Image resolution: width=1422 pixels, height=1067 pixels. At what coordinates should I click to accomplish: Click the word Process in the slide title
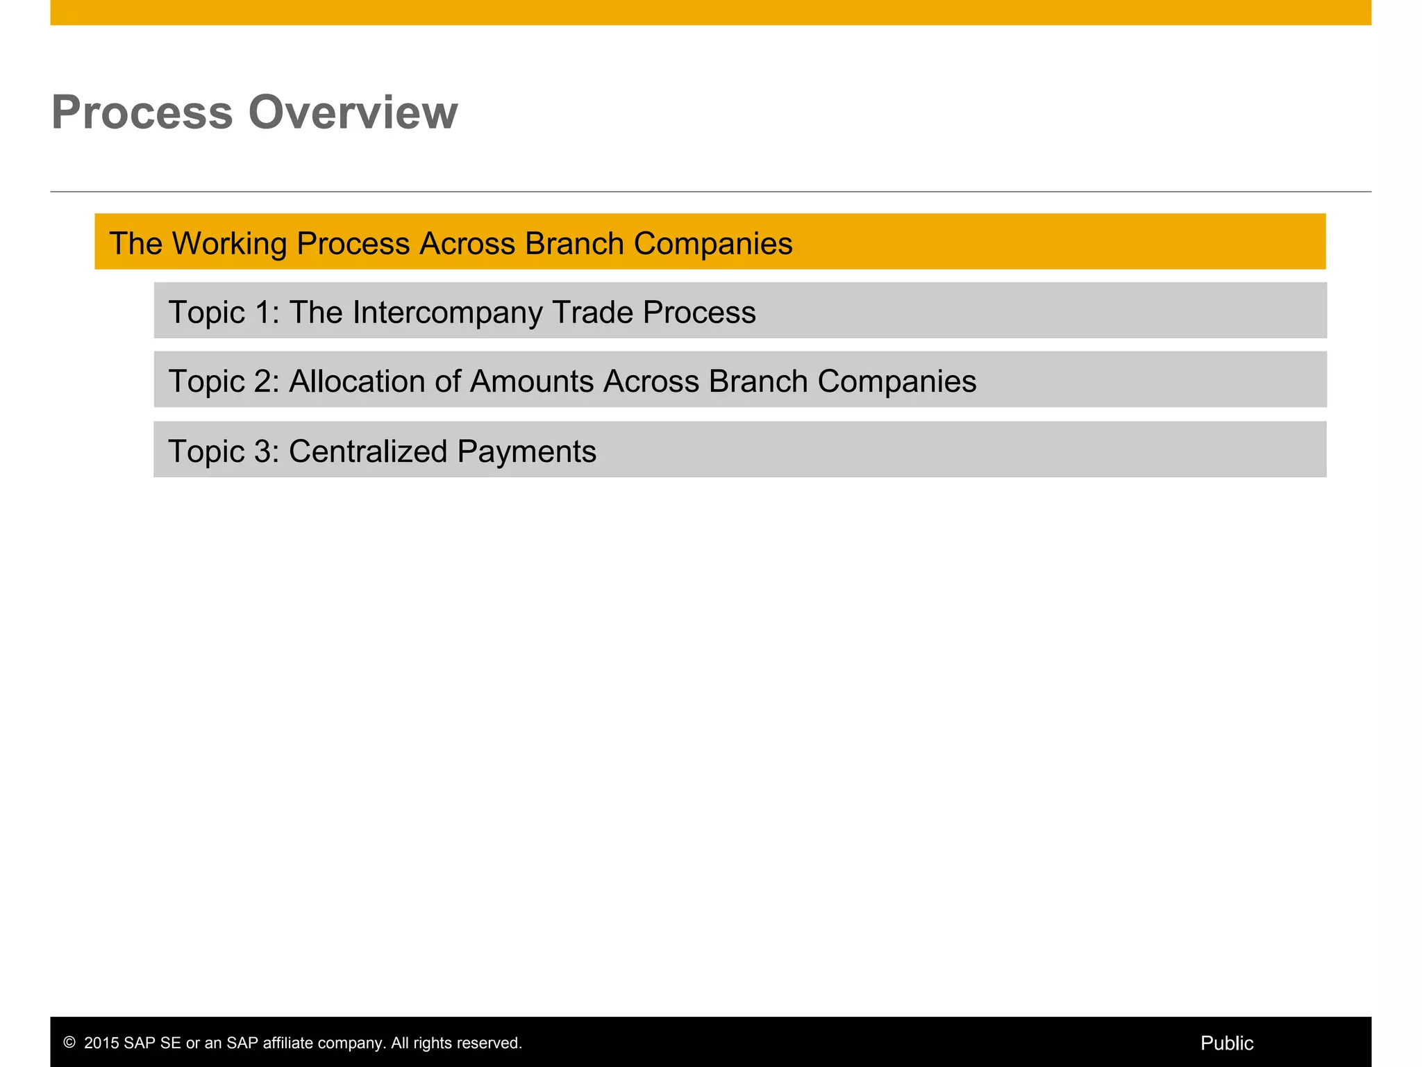pos(142,113)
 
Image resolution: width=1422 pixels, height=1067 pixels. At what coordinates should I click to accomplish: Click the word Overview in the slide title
pos(353,113)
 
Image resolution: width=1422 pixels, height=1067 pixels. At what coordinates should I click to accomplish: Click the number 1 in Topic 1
pos(263,313)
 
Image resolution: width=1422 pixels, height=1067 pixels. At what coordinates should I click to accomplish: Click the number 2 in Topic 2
pos(263,381)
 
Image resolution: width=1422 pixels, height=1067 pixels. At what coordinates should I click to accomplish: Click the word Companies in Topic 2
pos(896,381)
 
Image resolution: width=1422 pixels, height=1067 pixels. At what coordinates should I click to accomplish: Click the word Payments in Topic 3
pos(526,452)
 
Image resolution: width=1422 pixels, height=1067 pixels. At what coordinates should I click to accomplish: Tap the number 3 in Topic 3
pos(263,452)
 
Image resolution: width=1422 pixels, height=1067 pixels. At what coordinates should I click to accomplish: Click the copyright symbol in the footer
pos(69,1043)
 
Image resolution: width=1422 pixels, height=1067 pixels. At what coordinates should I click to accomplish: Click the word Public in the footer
pos(1226,1043)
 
